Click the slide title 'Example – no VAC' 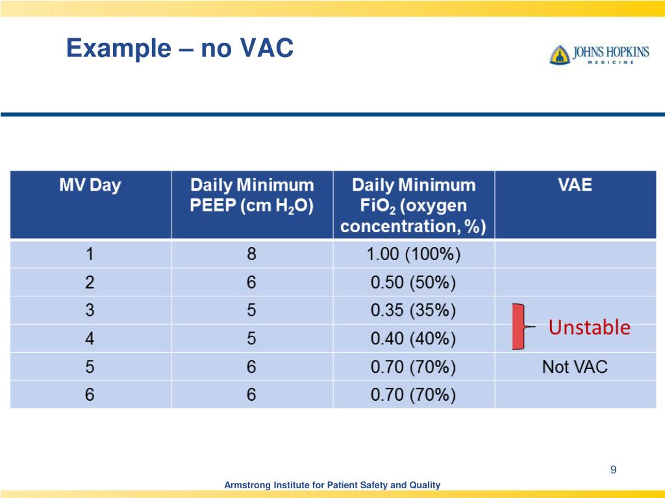tap(180, 49)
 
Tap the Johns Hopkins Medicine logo tap(599, 54)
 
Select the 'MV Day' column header tap(90, 185)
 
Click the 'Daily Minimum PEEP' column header tap(251, 196)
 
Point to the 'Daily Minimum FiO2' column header tap(413, 206)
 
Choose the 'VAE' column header tap(575, 185)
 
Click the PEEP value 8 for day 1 tap(251, 255)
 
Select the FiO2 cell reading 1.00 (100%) tap(413, 255)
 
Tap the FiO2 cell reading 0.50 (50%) tap(413, 283)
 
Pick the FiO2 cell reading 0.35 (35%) tap(413, 311)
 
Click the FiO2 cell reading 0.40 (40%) tap(413, 338)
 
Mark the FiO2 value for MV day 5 tap(413, 367)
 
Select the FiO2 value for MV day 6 tap(413, 395)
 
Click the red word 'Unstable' tap(589, 327)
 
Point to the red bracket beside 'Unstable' tap(518, 326)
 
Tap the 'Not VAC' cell tap(575, 367)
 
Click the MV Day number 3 tap(90, 311)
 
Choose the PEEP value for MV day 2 tap(251, 283)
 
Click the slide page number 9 tap(612, 469)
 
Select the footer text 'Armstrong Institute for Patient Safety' tap(332, 485)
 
